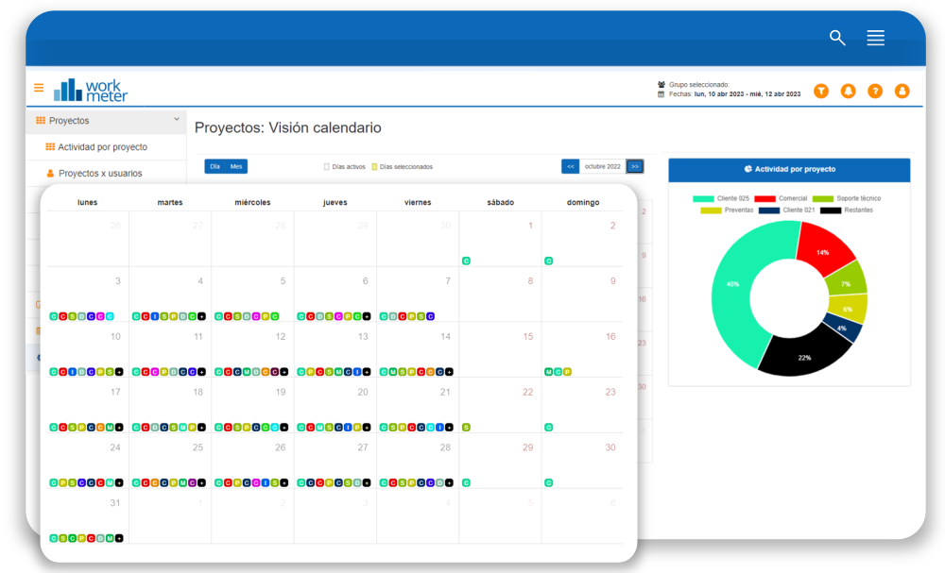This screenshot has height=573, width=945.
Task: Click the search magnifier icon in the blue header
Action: coord(837,38)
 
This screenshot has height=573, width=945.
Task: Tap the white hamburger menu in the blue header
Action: coord(876,38)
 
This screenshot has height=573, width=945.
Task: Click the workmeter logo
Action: coord(91,90)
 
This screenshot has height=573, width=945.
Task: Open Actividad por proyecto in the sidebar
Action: coord(102,147)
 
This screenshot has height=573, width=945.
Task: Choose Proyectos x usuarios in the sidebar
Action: coord(100,174)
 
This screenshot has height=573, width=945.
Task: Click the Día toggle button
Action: coord(215,166)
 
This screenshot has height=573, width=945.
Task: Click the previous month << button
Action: coord(570,166)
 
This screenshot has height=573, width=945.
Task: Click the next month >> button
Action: coord(635,166)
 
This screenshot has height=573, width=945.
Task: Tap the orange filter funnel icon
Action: coord(821,91)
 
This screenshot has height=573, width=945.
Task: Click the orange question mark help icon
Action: coord(875,91)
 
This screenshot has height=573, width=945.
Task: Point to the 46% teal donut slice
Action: coord(732,283)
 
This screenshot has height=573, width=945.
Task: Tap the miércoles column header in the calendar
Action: coord(252,202)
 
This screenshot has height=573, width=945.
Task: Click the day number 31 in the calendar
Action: coord(115,503)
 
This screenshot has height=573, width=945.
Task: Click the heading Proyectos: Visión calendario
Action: coord(287,127)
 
